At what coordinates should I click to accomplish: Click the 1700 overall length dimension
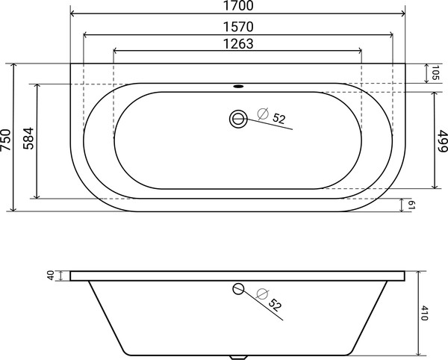tap(238, 7)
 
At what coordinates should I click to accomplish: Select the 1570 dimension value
tap(238, 26)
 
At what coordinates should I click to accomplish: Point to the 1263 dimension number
tap(237, 43)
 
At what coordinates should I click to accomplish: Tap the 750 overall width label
tap(7, 139)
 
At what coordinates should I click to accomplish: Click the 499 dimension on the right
tap(442, 140)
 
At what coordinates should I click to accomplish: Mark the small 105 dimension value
tap(435, 73)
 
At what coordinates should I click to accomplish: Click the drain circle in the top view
tap(238, 118)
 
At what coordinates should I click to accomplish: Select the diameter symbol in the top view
tap(262, 114)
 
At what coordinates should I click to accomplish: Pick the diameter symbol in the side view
tap(261, 294)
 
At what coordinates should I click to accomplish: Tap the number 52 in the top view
tap(279, 118)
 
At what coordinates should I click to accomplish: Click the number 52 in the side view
tap(275, 305)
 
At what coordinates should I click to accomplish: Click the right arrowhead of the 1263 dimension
tap(359, 52)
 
